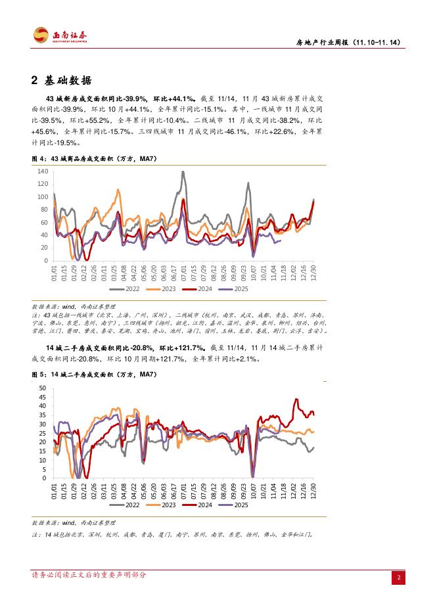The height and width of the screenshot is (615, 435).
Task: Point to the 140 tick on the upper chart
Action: [42, 171]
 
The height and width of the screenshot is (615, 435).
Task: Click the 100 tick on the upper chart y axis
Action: [42, 197]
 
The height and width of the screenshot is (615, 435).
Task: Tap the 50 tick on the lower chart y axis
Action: [43, 388]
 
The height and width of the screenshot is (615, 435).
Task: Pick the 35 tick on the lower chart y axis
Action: [43, 415]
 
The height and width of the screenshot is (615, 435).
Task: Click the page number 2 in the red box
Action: [399, 578]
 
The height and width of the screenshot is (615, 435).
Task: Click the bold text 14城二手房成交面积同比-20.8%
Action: [99, 348]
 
